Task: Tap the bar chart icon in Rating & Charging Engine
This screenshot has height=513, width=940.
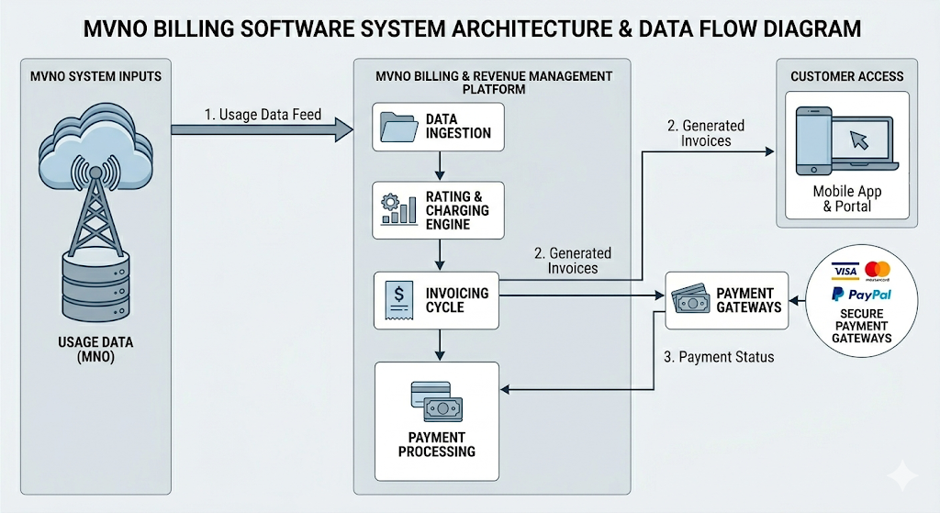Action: pos(397,210)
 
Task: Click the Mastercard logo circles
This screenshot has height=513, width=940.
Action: pos(878,270)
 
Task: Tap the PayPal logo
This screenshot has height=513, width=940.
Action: pos(860,294)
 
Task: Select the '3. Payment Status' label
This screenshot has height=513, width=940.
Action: pos(719,357)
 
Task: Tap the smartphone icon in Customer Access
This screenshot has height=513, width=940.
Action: pos(813,140)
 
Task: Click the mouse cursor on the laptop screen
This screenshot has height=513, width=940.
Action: pos(860,139)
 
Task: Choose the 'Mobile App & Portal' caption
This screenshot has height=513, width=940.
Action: pos(846,198)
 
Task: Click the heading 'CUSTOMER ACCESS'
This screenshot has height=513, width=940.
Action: pos(847,76)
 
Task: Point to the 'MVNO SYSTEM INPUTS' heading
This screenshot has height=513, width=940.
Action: pos(96,76)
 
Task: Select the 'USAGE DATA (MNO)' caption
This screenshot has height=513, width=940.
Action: pos(95,351)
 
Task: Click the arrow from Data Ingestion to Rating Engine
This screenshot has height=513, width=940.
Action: pos(442,165)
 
